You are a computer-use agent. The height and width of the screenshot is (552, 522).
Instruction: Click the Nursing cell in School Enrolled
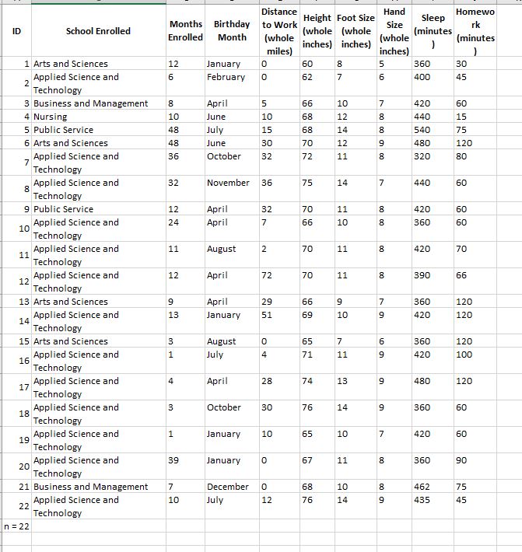[x=51, y=117]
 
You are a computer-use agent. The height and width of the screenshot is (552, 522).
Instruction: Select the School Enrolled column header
[x=98, y=31]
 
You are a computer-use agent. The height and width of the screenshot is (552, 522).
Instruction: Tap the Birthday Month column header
[x=232, y=31]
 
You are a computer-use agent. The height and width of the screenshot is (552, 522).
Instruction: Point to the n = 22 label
[x=16, y=526]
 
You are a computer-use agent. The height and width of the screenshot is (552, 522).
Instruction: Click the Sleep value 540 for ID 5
[x=422, y=130]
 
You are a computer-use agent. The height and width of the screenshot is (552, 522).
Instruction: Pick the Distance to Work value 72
[x=266, y=275]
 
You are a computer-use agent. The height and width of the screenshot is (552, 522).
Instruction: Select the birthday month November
[x=228, y=183]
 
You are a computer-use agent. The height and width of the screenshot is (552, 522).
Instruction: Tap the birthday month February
[x=226, y=77]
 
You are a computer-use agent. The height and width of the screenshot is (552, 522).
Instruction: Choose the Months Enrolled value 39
[x=173, y=460]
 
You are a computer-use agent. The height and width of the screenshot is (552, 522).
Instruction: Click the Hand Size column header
[x=395, y=31]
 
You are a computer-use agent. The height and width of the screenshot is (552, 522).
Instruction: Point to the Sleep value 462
[x=422, y=487]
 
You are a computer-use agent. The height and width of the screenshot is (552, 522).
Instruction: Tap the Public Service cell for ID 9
[x=63, y=209]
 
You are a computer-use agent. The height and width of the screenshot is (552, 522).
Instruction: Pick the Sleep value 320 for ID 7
[x=422, y=156]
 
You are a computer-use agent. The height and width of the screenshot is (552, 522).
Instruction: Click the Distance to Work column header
[x=279, y=31]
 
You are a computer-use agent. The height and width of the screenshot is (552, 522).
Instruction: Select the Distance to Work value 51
[x=266, y=315]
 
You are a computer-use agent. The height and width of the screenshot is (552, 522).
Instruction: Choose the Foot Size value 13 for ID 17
[x=342, y=381]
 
